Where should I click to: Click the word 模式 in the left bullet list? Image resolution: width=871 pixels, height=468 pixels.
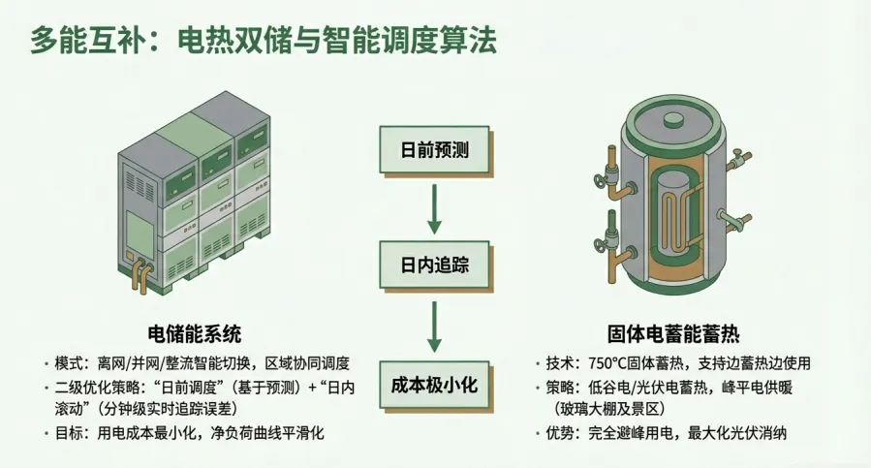click(70, 364)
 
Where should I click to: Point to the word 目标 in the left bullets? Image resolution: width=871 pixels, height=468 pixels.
click(70, 433)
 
